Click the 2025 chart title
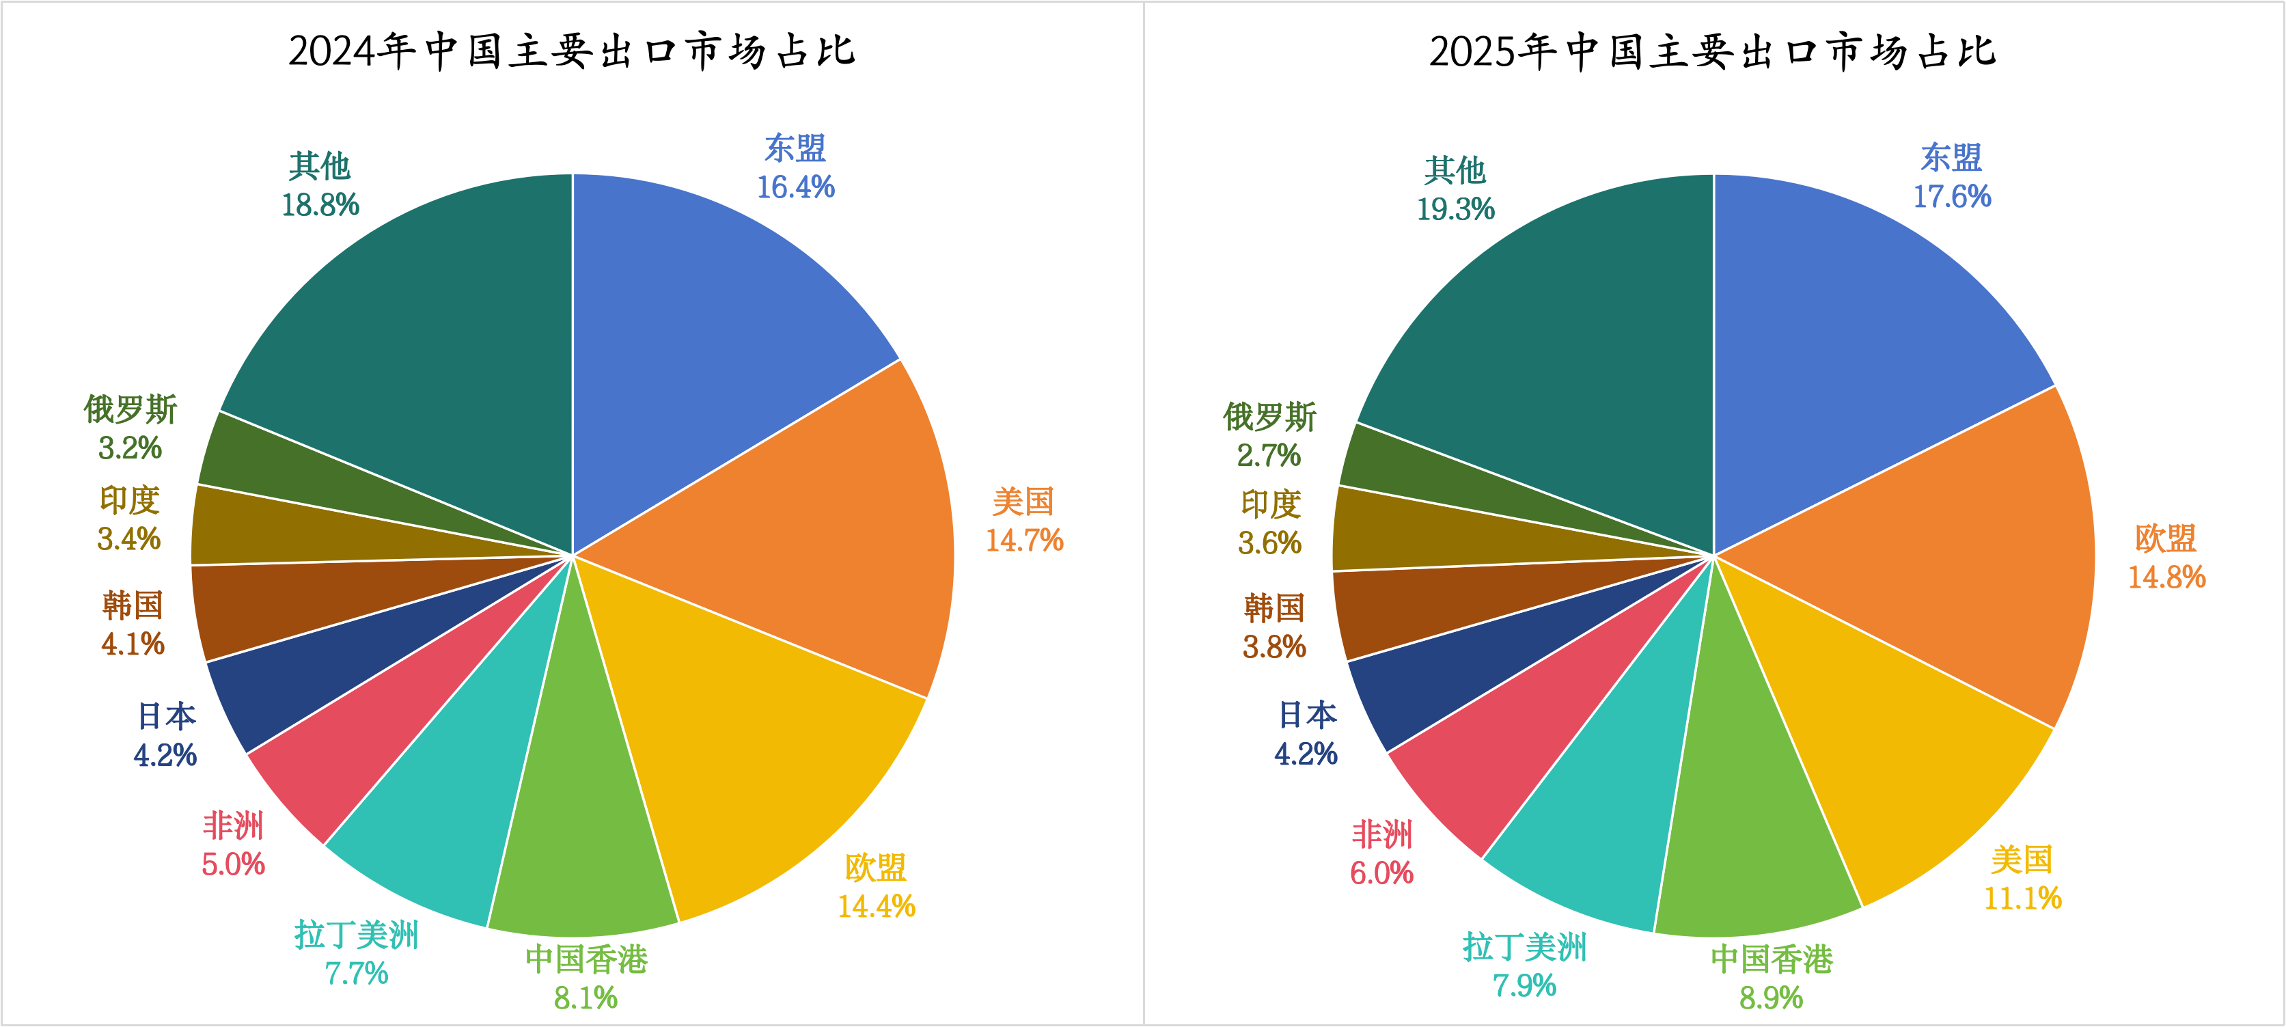[1712, 51]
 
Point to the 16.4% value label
[795, 187]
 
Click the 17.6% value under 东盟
[1951, 197]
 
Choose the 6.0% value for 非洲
[1381, 873]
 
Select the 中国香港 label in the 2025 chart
[1772, 959]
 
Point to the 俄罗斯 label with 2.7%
[1269, 417]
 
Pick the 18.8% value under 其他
[320, 205]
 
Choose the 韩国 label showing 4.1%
[133, 605]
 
